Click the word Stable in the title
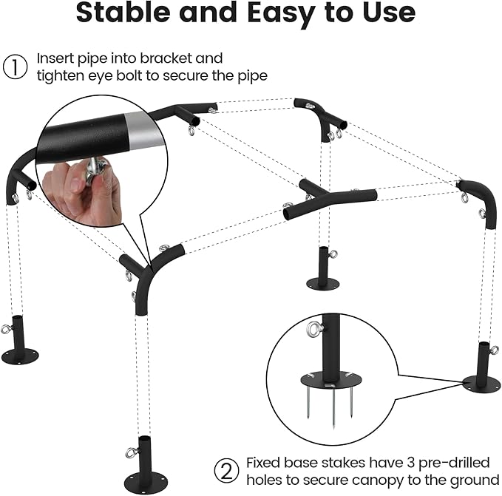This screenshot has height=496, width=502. pos(123,12)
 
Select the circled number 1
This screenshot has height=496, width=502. pos(15,67)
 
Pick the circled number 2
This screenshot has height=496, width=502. pos(226,471)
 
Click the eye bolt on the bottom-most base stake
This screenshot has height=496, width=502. pos(132,452)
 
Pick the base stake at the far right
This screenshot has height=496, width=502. pos(482,367)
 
